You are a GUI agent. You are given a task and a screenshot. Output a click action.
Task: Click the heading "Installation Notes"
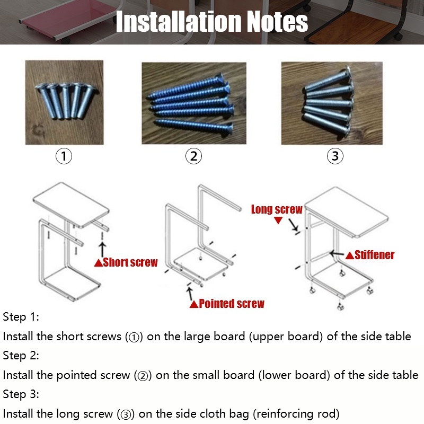pyautogui.click(x=212, y=21)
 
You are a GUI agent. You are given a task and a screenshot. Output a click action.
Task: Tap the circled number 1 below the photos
pyautogui.click(x=64, y=156)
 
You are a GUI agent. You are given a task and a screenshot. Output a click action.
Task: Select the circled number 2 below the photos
pyautogui.click(x=193, y=156)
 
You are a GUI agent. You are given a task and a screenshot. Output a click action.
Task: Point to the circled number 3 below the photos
pyautogui.click(x=335, y=156)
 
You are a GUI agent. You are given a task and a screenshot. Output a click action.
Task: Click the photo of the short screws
pyautogui.click(x=64, y=102)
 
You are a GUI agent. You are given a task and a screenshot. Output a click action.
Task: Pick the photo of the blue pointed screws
pyautogui.click(x=194, y=103)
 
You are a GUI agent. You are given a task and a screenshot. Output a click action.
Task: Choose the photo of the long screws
pyautogui.click(x=332, y=103)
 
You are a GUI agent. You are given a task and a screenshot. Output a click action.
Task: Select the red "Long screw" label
pyautogui.click(x=277, y=209)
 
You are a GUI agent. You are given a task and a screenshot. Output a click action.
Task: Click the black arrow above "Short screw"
pyautogui.click(x=102, y=249)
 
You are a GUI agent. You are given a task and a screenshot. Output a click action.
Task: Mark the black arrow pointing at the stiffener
pyautogui.click(x=337, y=254)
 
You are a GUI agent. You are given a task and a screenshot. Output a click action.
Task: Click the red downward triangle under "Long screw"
pyautogui.click(x=278, y=220)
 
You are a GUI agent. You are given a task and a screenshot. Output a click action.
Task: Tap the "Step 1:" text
pyautogui.click(x=21, y=316)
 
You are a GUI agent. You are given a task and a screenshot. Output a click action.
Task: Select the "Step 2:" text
pyautogui.click(x=21, y=355)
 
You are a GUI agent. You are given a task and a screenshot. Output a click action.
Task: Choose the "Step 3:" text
pyautogui.click(x=21, y=394)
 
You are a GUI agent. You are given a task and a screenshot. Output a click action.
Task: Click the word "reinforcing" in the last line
pyautogui.click(x=282, y=414)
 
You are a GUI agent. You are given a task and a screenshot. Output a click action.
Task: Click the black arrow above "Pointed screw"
pyautogui.click(x=190, y=293)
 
